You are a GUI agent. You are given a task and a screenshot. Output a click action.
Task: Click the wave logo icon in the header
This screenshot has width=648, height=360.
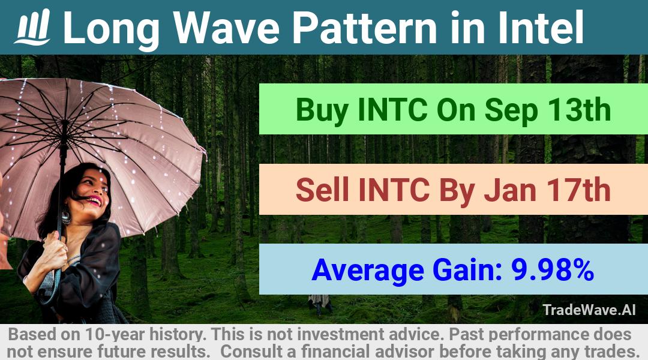coord(32,27)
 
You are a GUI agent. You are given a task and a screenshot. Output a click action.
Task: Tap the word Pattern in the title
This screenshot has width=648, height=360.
coord(365,28)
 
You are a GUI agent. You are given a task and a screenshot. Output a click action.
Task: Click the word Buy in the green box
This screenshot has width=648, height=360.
coord(322,110)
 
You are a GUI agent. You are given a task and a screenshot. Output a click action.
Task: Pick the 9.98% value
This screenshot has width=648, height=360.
coord(553,269)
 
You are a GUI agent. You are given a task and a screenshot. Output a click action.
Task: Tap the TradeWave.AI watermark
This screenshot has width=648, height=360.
coord(589,310)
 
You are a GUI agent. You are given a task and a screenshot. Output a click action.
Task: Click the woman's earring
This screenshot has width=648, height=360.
coord(66,217)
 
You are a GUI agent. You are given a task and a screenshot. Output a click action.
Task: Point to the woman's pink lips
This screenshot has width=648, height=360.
coord(94,201)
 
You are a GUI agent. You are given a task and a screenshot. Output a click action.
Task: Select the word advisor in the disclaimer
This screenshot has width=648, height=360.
coord(404,352)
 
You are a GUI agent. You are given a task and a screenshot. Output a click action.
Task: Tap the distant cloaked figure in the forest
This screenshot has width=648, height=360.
coord(319,304)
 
